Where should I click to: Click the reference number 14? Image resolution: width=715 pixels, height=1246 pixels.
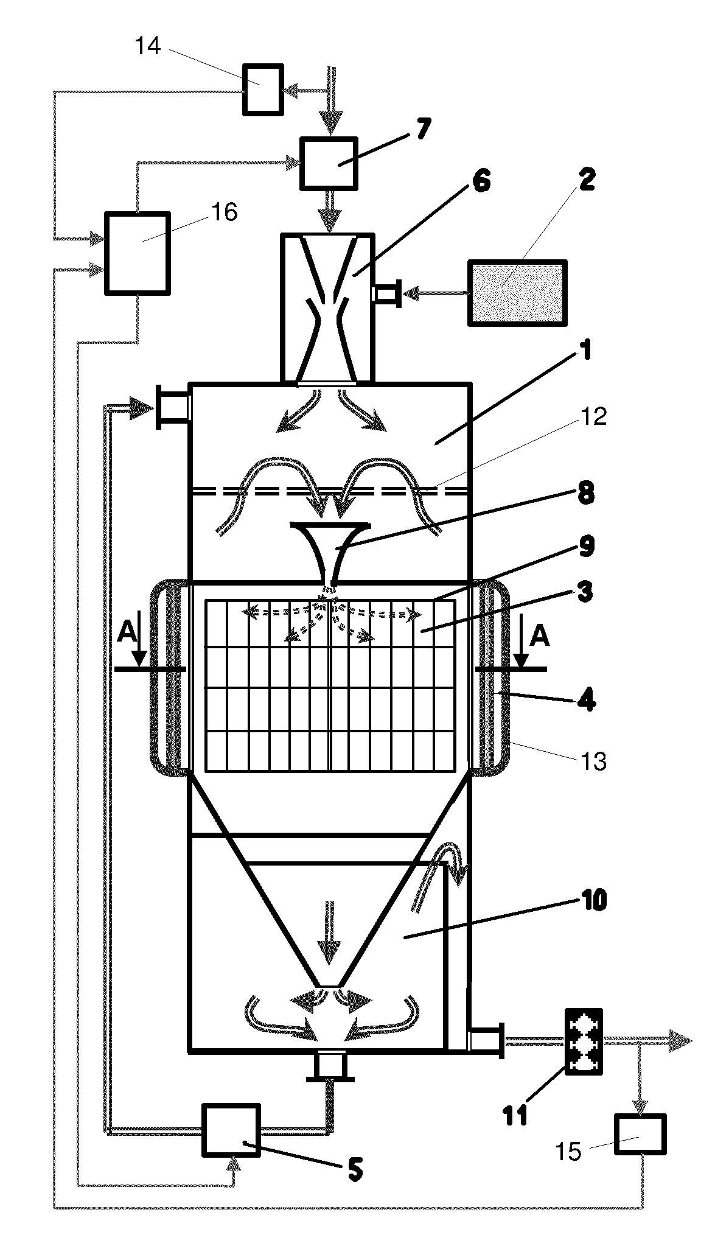(147, 46)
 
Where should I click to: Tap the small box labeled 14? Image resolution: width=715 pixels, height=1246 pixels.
(263, 89)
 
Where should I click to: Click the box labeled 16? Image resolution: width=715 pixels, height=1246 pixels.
(137, 253)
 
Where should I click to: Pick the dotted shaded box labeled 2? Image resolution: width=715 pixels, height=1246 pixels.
(517, 293)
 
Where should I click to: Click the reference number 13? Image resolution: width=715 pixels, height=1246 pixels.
(594, 761)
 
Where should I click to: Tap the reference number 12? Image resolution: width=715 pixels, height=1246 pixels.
(594, 417)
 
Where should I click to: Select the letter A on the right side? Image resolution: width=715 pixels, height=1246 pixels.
(539, 637)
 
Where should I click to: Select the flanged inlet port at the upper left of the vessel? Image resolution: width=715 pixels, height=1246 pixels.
(173, 407)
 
